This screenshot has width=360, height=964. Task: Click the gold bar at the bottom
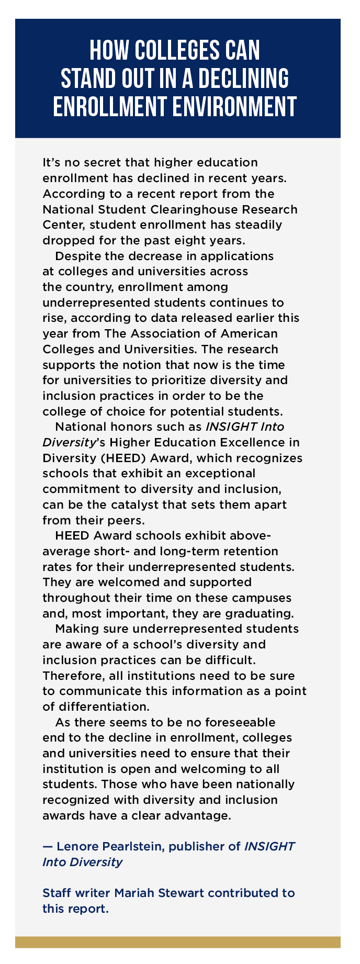pyautogui.click(x=178, y=942)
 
